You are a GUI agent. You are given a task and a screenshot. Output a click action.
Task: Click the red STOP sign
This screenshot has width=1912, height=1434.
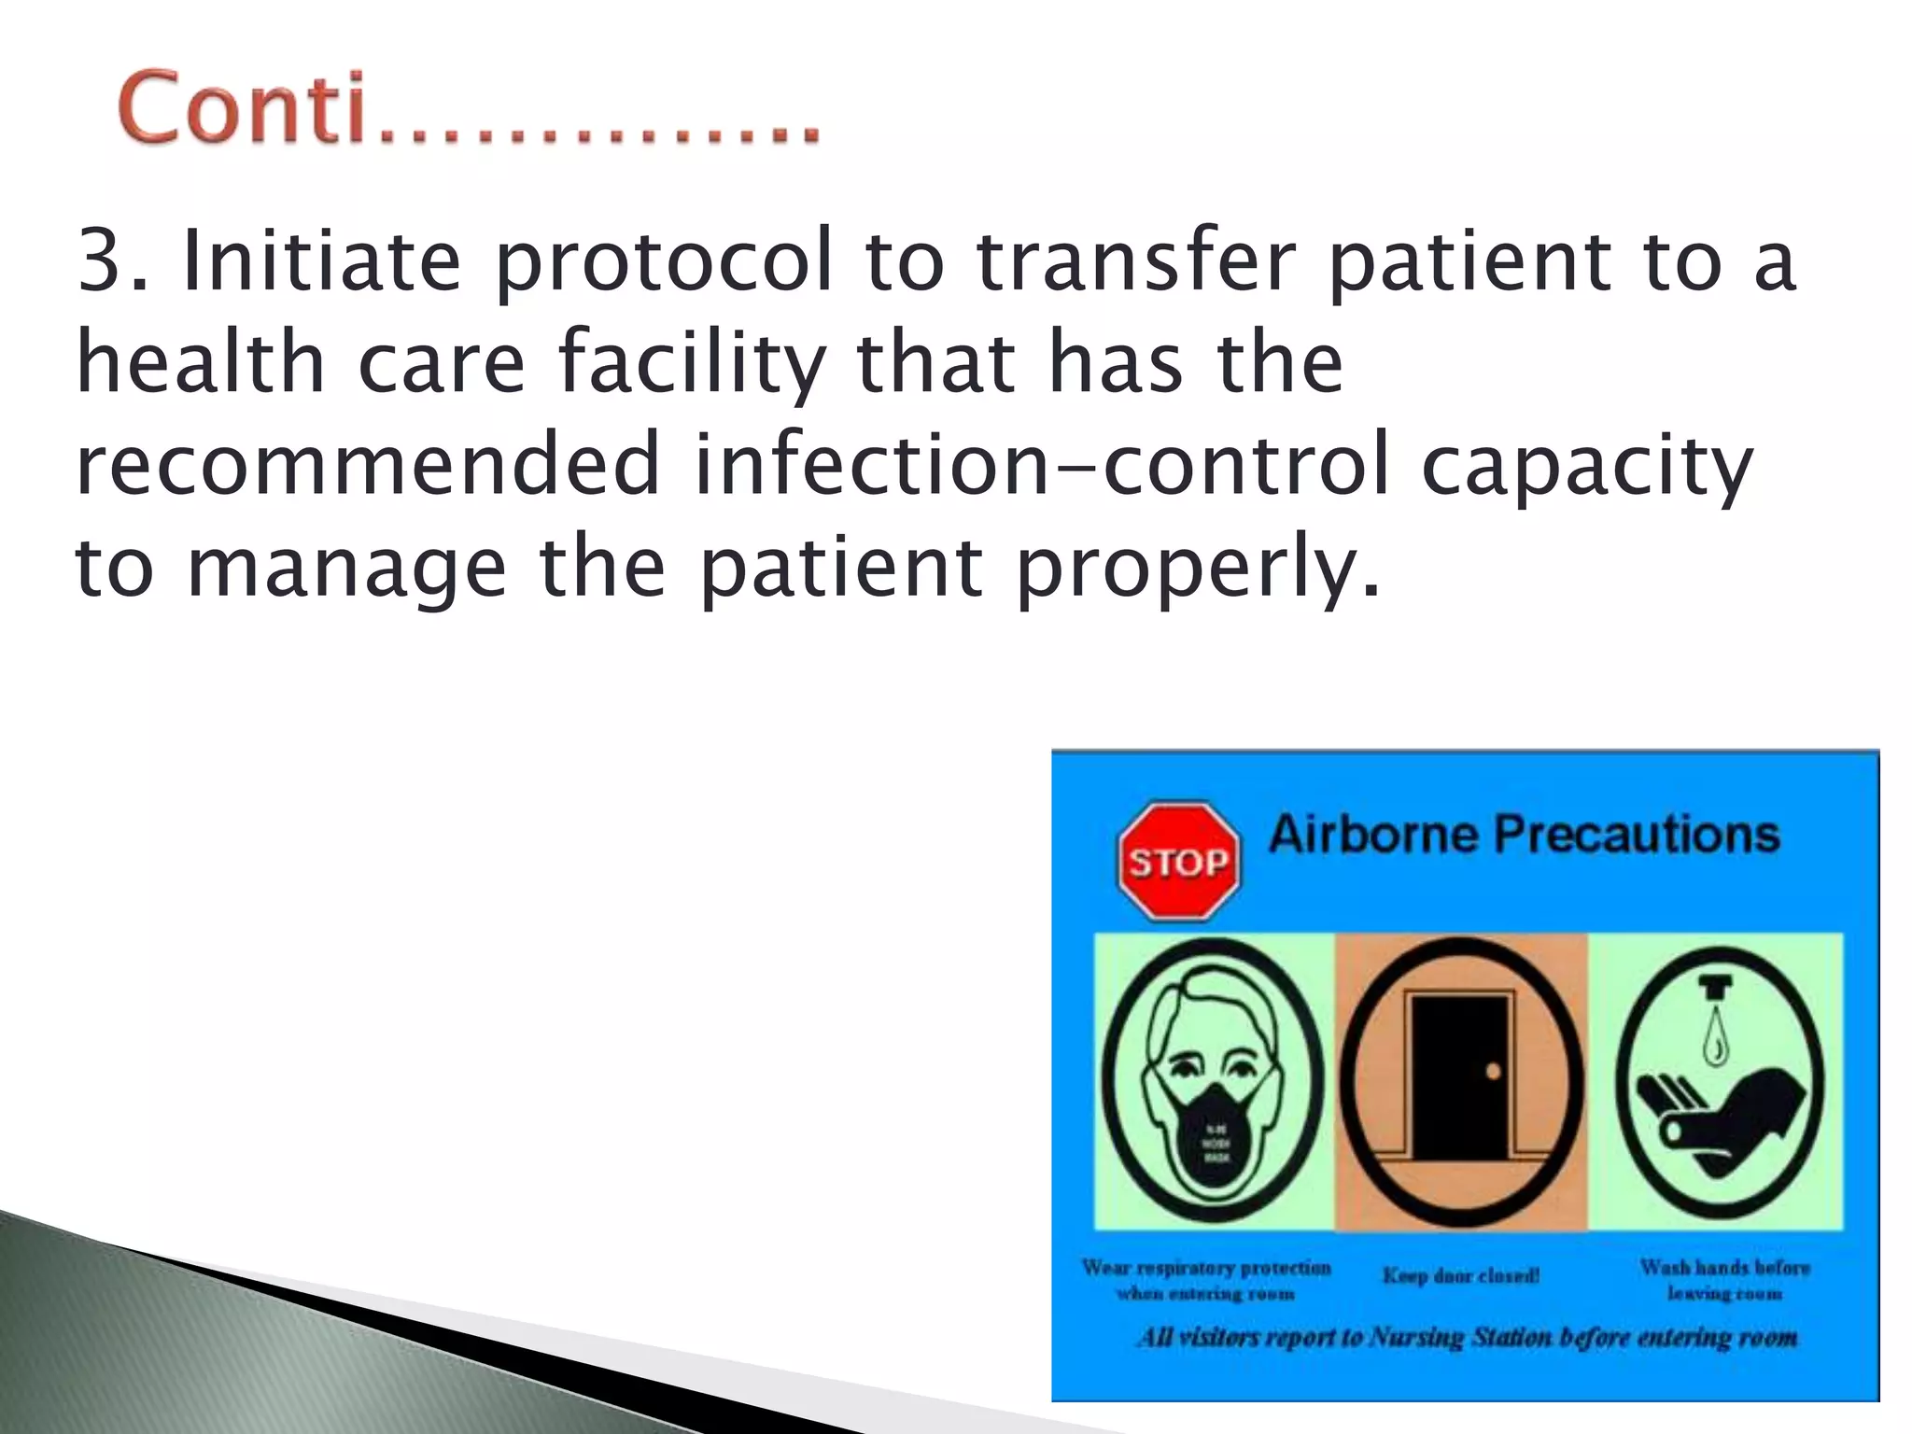(x=1178, y=861)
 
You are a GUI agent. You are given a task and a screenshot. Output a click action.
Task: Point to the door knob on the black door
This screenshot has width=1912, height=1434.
(x=1492, y=1072)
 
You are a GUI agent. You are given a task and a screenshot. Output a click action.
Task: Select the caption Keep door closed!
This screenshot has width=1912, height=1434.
(x=1461, y=1275)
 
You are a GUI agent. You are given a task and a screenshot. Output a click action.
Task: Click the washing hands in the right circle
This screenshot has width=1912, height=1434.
(x=1718, y=1111)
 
